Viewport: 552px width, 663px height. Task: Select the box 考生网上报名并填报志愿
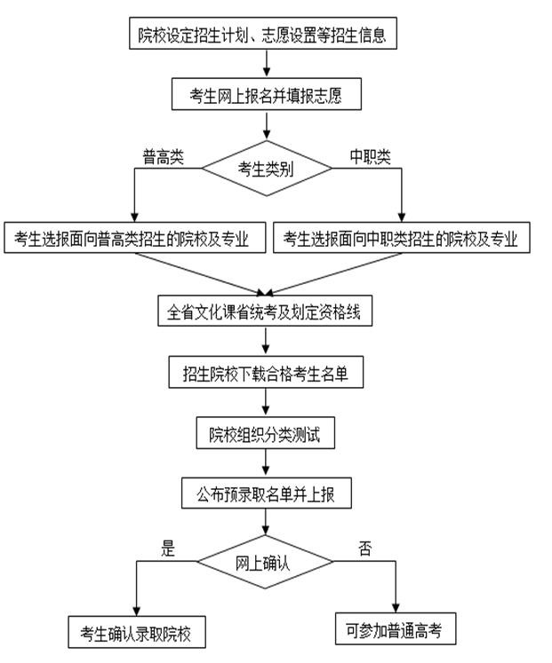click(x=267, y=93)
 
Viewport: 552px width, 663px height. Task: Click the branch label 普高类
click(x=164, y=156)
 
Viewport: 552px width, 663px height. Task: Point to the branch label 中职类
click(x=370, y=156)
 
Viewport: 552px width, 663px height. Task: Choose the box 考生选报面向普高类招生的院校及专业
click(x=134, y=238)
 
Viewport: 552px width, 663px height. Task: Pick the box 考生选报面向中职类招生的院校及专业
click(x=401, y=238)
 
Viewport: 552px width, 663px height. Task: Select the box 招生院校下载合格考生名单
click(x=266, y=374)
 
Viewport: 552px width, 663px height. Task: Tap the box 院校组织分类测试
click(x=266, y=434)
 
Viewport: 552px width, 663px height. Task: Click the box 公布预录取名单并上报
click(x=266, y=493)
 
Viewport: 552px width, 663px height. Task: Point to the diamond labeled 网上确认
click(x=265, y=564)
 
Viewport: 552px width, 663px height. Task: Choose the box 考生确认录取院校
click(x=136, y=633)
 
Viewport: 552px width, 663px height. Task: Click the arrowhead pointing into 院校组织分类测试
click(x=266, y=413)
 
